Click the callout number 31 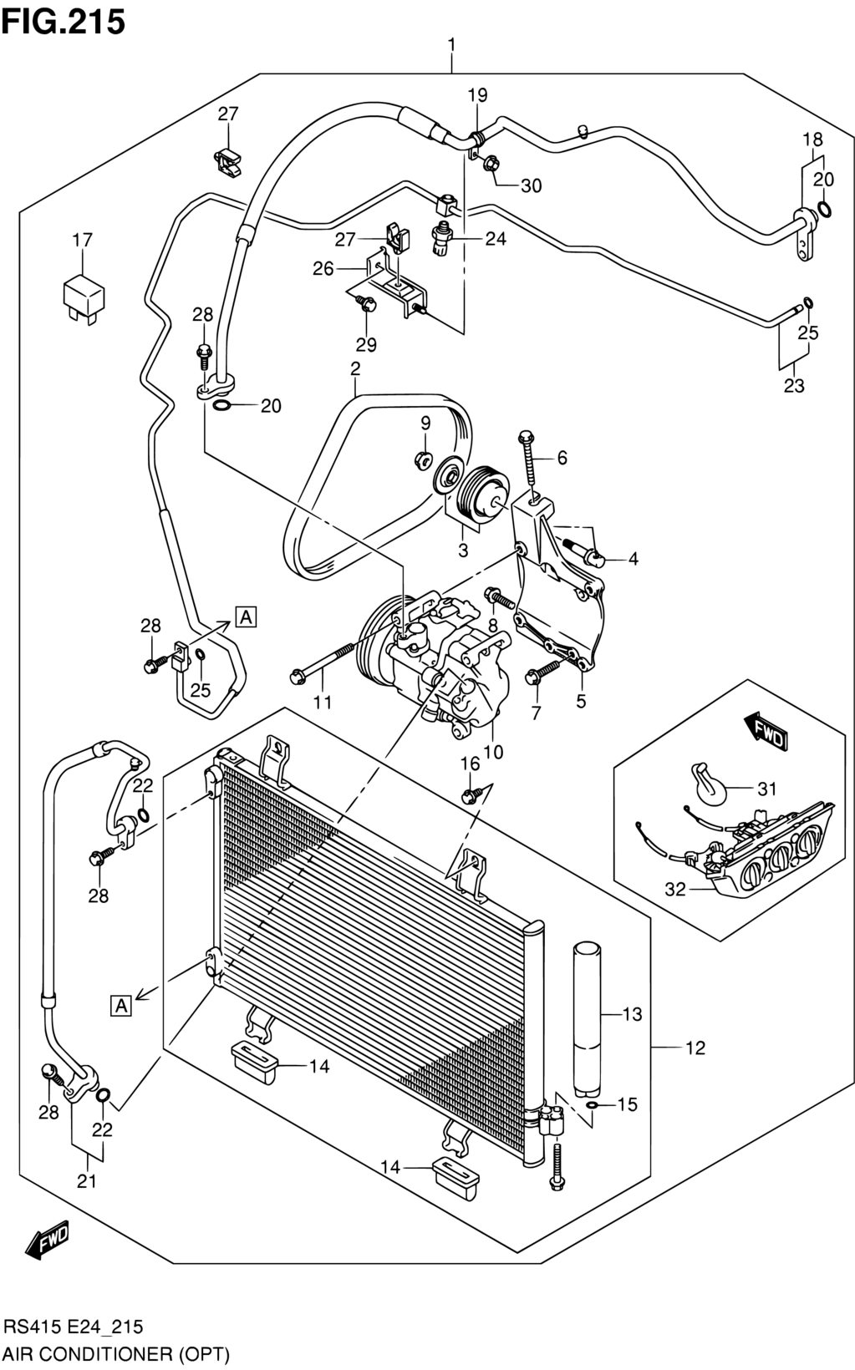point(766,789)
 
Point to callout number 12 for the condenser point(696,1048)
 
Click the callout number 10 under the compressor point(492,752)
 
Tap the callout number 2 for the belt point(355,368)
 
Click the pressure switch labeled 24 point(443,239)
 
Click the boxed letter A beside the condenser point(121,1005)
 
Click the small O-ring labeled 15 point(592,1105)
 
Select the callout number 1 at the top point(451,45)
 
